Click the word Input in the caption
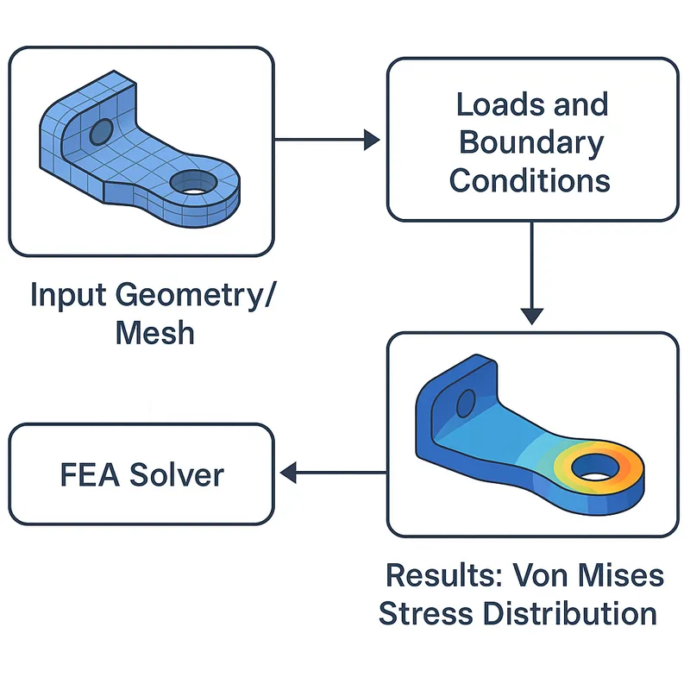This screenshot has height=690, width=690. (68, 295)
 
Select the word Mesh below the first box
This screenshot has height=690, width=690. (155, 332)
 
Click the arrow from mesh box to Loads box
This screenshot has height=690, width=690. (328, 139)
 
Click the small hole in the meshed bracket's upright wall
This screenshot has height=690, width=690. (102, 132)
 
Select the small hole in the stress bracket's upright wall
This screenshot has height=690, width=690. (465, 403)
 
